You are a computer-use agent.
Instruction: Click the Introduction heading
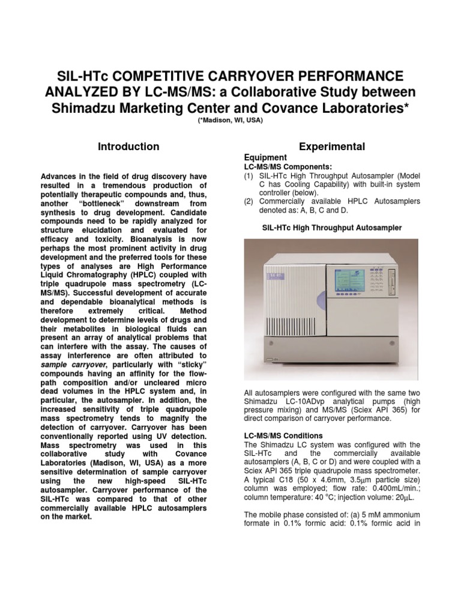click(129, 147)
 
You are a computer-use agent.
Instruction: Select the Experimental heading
click(331, 147)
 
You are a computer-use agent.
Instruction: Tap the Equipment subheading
click(260, 158)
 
